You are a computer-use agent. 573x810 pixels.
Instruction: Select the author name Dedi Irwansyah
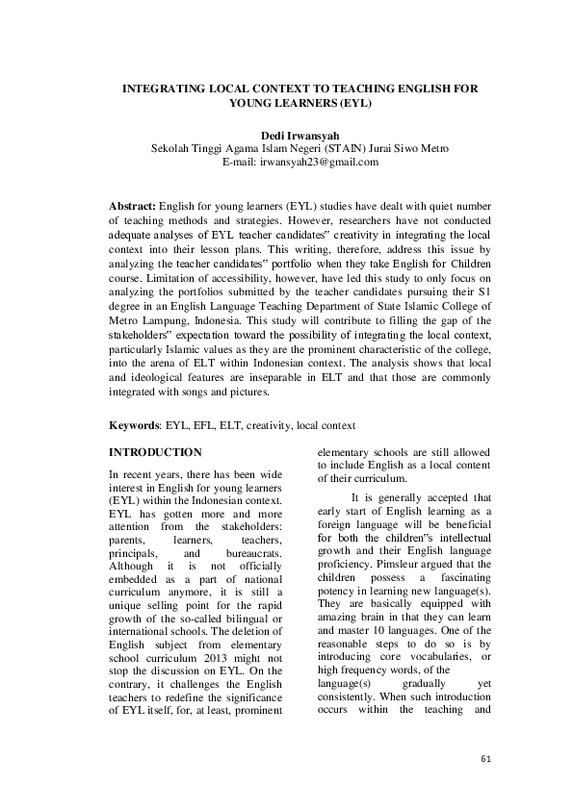pos(287,135)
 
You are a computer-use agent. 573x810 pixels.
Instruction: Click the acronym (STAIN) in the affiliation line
pos(351,148)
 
